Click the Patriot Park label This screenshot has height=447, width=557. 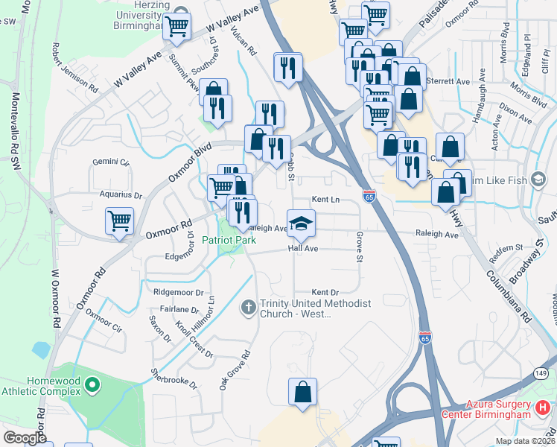(x=229, y=241)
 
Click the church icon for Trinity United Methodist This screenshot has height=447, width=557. (x=249, y=306)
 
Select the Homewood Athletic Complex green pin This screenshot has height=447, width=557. (x=92, y=385)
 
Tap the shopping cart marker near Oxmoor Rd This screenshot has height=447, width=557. (x=119, y=221)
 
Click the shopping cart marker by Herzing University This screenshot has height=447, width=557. (x=177, y=27)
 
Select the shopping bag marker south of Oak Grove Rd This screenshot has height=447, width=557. (x=303, y=392)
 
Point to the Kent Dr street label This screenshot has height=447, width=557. (x=325, y=292)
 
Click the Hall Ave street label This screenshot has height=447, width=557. (x=305, y=249)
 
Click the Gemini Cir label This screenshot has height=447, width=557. (x=111, y=162)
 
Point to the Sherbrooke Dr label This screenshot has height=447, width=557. (x=174, y=378)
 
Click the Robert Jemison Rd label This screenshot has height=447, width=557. (x=74, y=66)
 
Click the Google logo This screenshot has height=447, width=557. (x=25, y=437)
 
